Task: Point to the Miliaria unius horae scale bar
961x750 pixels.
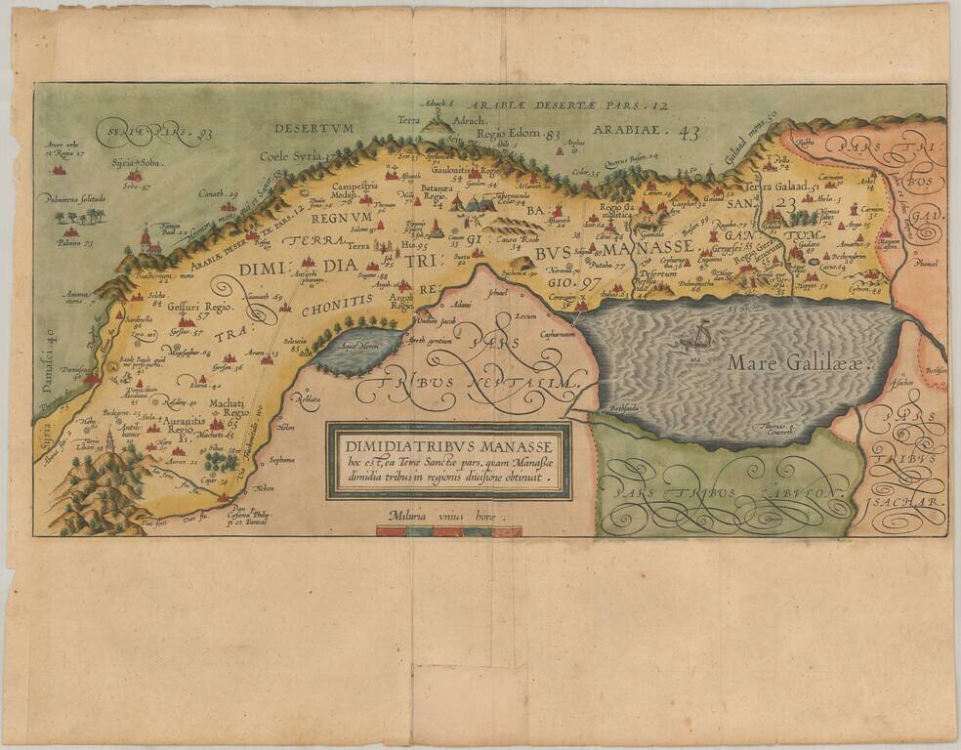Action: click(448, 531)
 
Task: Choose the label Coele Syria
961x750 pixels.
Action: click(297, 154)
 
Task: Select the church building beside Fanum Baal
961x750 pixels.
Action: click(147, 240)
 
